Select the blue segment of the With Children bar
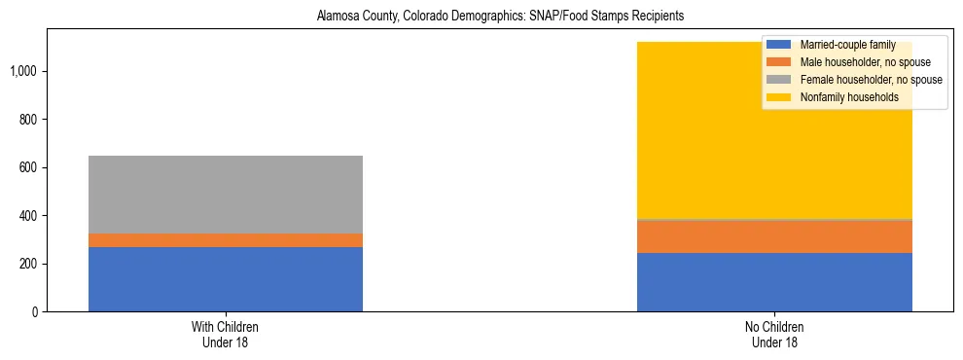point(226,279)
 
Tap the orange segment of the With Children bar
point(226,240)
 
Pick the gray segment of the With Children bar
point(226,195)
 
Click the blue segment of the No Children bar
point(774,282)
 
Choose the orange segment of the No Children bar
point(774,236)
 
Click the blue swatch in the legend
point(778,45)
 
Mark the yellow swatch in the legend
point(778,97)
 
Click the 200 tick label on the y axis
point(31,264)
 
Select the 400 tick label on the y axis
point(31,216)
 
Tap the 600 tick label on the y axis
point(31,167)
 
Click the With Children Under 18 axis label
point(226,335)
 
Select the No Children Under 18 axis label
point(774,335)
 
